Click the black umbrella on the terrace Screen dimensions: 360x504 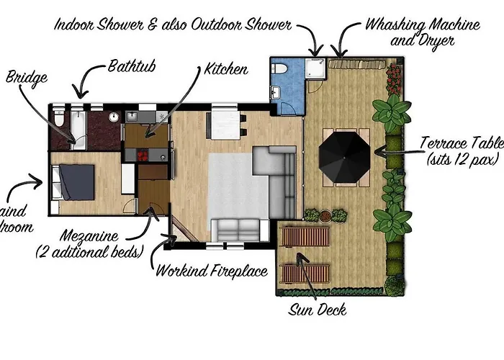pos(345,153)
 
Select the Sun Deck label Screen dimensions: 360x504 pos(318,310)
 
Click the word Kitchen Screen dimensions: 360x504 pos(227,70)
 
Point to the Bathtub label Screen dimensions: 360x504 pos(133,67)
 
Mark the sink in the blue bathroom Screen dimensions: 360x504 pos(277,91)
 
